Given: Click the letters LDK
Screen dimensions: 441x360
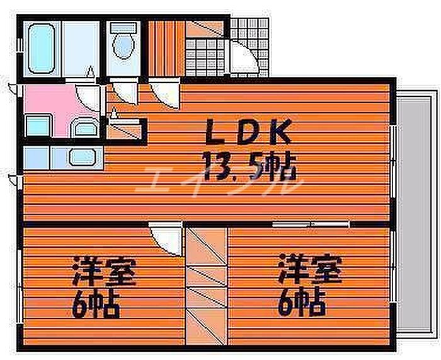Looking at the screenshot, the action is [x=248, y=134].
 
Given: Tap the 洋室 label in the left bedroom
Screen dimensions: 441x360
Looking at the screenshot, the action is [x=103, y=272].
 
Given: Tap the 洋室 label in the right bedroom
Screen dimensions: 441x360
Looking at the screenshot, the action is [x=309, y=270].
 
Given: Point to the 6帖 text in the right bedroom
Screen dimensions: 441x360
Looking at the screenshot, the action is [x=302, y=303].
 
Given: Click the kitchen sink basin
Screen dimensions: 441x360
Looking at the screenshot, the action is [x=80, y=156].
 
